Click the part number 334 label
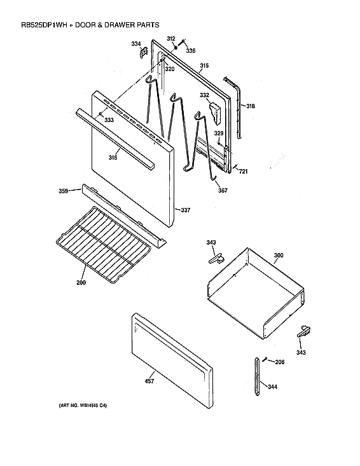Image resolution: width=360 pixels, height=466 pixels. point(136,44)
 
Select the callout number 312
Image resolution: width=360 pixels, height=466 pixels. point(171,39)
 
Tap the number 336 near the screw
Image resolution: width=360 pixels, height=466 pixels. point(191,50)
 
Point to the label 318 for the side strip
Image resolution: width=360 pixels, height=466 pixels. point(251,106)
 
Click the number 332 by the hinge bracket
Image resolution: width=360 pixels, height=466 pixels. point(204,95)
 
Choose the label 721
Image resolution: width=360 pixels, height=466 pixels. point(244,172)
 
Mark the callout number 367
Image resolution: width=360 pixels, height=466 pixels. point(223,190)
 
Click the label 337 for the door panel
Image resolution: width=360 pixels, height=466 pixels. point(186,210)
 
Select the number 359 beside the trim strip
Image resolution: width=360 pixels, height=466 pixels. point(64,191)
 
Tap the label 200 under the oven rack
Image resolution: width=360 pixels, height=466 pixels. point(81,282)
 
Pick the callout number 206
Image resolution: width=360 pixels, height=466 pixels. point(279,362)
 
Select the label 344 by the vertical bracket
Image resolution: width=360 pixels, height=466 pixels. point(272,387)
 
